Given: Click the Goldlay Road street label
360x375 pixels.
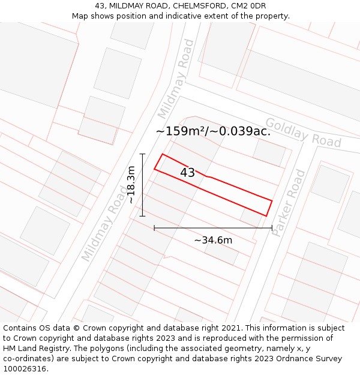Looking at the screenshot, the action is (x=303, y=133).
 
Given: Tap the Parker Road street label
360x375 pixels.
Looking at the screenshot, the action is (x=289, y=203).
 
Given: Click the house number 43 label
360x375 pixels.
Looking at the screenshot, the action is (x=187, y=173).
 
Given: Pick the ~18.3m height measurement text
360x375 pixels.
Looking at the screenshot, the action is (x=131, y=185).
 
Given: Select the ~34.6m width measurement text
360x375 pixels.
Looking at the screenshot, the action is (x=213, y=240).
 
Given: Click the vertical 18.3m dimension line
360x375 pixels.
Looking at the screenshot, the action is (x=142, y=185).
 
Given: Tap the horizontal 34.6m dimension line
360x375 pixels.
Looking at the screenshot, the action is (x=213, y=228).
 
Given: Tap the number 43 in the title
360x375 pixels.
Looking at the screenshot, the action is (x=100, y=6).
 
